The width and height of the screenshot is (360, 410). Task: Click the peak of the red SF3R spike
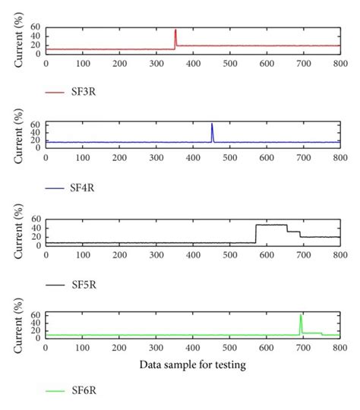(175, 30)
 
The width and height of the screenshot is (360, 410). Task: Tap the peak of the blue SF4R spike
(212, 124)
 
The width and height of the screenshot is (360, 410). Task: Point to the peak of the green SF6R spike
(302, 314)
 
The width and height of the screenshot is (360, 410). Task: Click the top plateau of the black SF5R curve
(271, 225)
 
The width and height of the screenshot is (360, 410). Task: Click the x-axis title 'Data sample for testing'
(192, 364)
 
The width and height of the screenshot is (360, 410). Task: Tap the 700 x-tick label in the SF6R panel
(303, 348)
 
